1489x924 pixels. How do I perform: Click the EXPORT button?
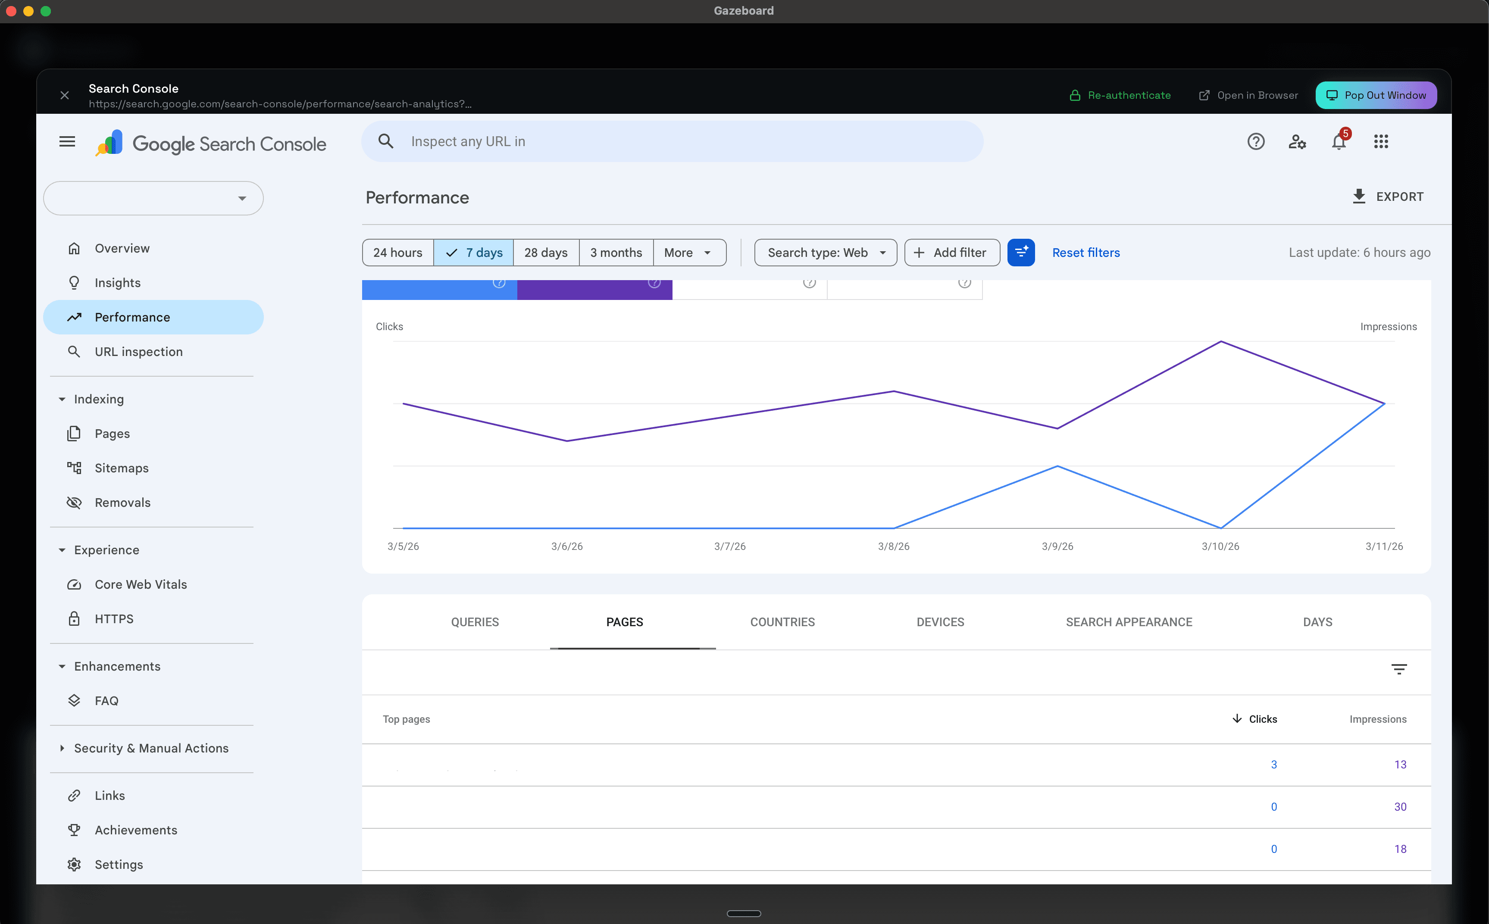pyautogui.click(x=1388, y=197)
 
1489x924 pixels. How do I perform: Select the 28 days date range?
pyautogui.click(x=546, y=253)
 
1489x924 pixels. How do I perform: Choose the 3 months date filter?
pyautogui.click(x=616, y=253)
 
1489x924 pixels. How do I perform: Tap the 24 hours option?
pyautogui.click(x=397, y=253)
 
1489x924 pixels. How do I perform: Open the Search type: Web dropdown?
pyautogui.click(x=825, y=253)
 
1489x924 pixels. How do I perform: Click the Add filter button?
pyautogui.click(x=952, y=253)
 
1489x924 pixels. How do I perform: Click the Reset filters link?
pyautogui.click(x=1085, y=253)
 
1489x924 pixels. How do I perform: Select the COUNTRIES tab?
pyautogui.click(x=782, y=622)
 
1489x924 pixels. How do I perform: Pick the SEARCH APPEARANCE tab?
pyautogui.click(x=1128, y=622)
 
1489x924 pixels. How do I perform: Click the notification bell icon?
pyautogui.click(x=1339, y=142)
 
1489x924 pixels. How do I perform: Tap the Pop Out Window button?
pyautogui.click(x=1376, y=95)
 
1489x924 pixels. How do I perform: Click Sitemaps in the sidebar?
pyautogui.click(x=121, y=468)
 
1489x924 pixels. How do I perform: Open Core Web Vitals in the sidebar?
pyautogui.click(x=141, y=584)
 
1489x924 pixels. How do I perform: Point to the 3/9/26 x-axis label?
pyautogui.click(x=1057, y=546)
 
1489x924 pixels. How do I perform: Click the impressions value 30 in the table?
pyautogui.click(x=1400, y=807)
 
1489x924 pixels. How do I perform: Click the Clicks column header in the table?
pyautogui.click(x=1262, y=719)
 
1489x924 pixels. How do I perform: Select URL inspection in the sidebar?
pyautogui.click(x=138, y=351)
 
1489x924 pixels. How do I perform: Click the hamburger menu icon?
pyautogui.click(x=67, y=142)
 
